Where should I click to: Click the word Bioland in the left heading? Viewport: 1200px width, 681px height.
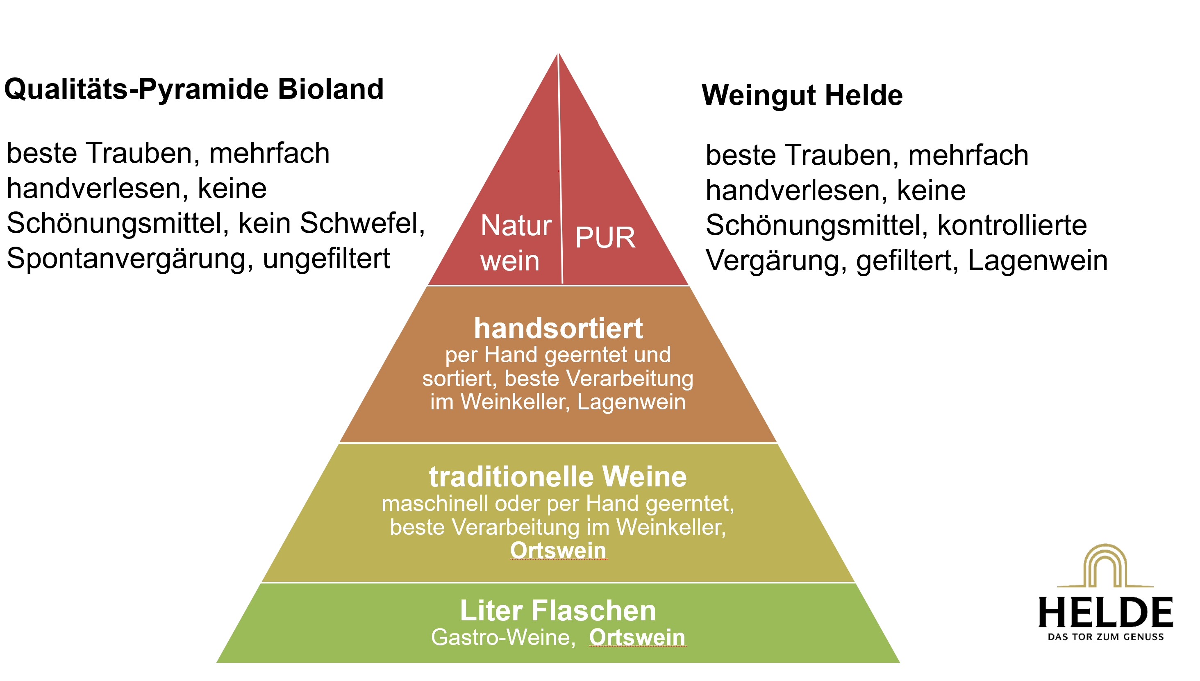pos(330,89)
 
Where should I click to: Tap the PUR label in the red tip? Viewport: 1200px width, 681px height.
pos(605,238)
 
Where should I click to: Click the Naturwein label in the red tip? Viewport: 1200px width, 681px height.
pos(515,243)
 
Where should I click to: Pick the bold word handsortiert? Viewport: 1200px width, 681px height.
pos(558,328)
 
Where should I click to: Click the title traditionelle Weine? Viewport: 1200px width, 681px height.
pos(558,477)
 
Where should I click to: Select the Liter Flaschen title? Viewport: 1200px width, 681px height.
pos(558,611)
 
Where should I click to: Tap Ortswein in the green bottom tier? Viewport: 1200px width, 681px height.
pos(637,637)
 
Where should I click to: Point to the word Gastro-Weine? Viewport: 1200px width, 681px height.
pos(503,637)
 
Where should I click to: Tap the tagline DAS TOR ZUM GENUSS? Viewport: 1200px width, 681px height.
pos(1105,637)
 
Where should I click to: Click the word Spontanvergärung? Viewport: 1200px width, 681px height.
pos(126,259)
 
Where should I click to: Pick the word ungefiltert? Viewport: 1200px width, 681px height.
pos(326,259)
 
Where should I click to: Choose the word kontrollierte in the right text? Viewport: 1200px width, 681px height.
pos(1012,225)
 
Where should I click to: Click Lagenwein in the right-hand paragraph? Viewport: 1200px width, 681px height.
pos(1037,260)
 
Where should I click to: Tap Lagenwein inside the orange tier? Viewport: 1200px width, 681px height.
pos(631,402)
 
